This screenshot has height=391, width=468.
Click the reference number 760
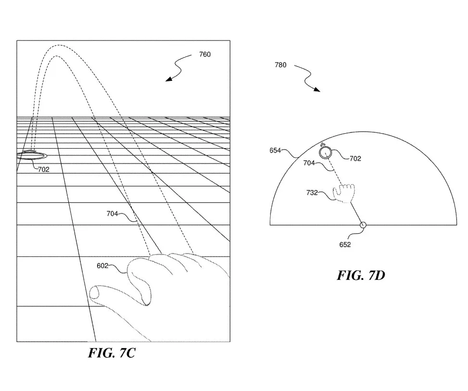click(205, 54)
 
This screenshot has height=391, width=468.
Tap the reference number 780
click(280, 65)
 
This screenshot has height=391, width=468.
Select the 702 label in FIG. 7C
click(44, 169)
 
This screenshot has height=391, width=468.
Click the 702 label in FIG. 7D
click(355, 159)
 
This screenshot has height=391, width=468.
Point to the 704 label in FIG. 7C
click(112, 214)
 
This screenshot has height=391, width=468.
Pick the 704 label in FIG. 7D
click(309, 163)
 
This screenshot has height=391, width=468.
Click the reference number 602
click(102, 265)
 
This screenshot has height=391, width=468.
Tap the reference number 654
click(275, 151)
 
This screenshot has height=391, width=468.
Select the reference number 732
click(312, 192)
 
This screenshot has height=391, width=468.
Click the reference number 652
click(345, 244)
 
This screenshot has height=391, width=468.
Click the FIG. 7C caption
click(112, 353)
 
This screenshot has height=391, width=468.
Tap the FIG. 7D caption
click(361, 275)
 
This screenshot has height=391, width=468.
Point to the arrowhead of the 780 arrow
click(317, 89)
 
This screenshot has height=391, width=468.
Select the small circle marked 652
click(363, 225)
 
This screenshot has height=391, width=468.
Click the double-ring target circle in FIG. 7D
click(325, 152)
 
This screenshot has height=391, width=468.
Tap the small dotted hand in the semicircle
click(344, 193)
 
